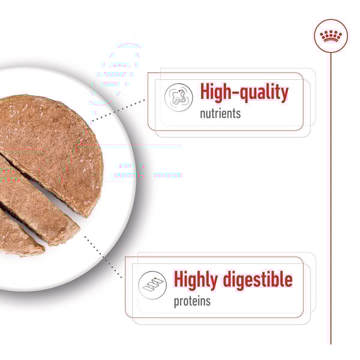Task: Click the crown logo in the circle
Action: (x=331, y=36)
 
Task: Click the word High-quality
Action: (x=244, y=92)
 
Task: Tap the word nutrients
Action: (x=220, y=113)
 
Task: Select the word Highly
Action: (x=196, y=280)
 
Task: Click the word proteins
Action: (x=192, y=301)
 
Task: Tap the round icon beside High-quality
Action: (x=179, y=97)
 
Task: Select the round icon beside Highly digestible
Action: (x=152, y=285)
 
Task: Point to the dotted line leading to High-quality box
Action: (x=118, y=110)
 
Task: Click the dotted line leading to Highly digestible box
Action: (x=103, y=257)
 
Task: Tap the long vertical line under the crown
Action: (x=331, y=199)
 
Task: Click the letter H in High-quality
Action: (x=205, y=91)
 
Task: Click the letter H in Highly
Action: (x=178, y=279)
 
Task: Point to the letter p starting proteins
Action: (x=176, y=302)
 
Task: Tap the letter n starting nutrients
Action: (x=203, y=115)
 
